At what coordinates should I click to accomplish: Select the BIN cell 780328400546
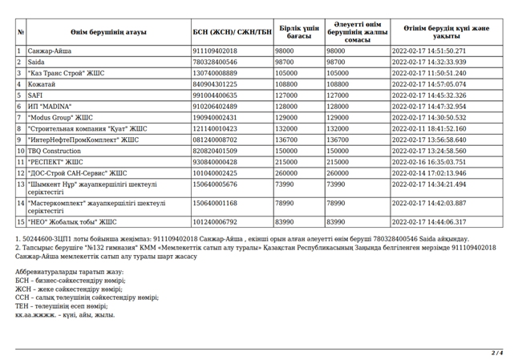pyautogui.click(x=215, y=61)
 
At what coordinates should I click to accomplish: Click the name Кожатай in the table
pyautogui.click(x=42, y=83)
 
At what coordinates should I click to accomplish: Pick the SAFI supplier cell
pyautogui.click(x=35, y=95)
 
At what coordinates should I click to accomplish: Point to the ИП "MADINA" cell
pyautogui.click(x=50, y=106)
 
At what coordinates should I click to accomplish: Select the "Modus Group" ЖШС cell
pyautogui.click(x=60, y=117)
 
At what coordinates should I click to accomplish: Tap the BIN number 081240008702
pyautogui.click(x=215, y=140)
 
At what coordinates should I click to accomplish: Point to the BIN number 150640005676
pyautogui.click(x=215, y=184)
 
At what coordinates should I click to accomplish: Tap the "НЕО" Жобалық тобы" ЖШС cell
pyautogui.click(x=72, y=222)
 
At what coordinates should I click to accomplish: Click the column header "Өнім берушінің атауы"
pyautogui.click(x=103, y=32)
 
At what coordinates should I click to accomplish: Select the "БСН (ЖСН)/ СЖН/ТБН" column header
pyautogui.click(x=233, y=32)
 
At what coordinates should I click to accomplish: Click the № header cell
pyautogui.click(x=20, y=32)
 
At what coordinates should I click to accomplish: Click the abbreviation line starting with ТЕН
pyautogui.click(x=61, y=305)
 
